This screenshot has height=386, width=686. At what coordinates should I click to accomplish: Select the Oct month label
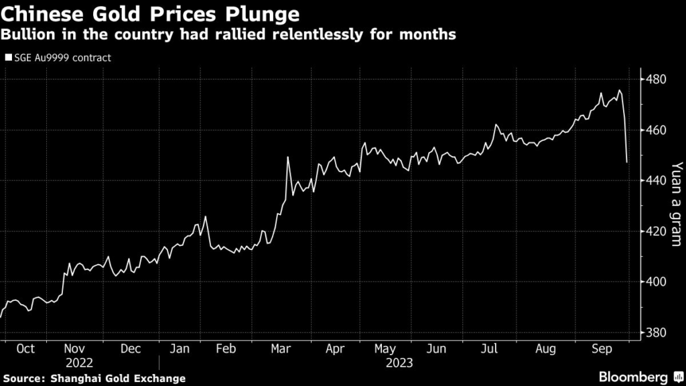25,349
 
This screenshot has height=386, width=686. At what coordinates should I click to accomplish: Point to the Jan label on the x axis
179,349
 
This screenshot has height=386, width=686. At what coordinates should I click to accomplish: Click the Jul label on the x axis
490,349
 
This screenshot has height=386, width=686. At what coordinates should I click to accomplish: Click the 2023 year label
399,363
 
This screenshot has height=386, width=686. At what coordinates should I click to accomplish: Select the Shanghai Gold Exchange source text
118,379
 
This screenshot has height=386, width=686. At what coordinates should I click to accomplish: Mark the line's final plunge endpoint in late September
627,162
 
